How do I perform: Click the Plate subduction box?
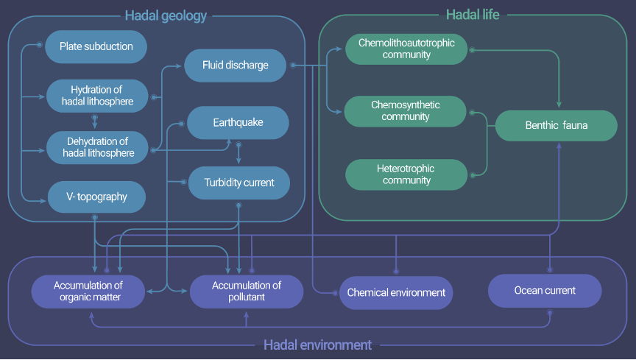click(96, 46)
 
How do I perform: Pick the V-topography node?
click(96, 197)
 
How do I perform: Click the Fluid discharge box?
click(235, 66)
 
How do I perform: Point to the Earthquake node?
click(237, 122)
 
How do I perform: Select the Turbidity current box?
click(239, 183)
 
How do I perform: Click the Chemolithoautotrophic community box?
click(406, 49)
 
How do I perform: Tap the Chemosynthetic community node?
click(406, 111)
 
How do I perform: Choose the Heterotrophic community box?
click(406, 174)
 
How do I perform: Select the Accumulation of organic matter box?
click(88, 292)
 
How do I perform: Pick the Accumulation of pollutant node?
click(247, 292)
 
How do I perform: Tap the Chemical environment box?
click(396, 292)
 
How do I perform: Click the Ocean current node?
click(545, 291)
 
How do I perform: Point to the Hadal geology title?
click(166, 15)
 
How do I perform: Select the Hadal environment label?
click(317, 345)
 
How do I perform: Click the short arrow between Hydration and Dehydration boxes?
click(93, 121)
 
